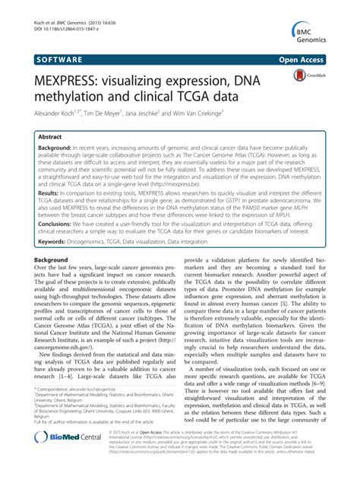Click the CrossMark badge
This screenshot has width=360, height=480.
point(308,77)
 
